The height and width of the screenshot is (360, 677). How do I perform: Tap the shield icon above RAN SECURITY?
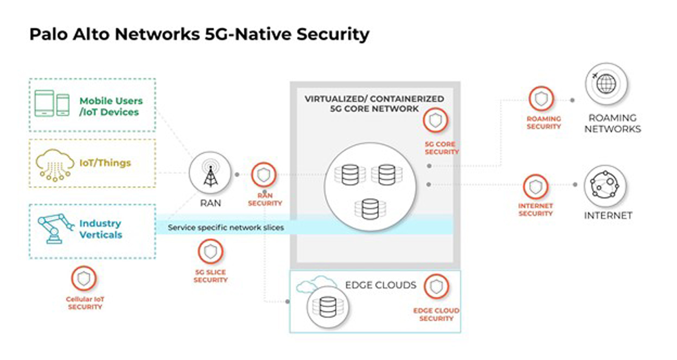[264, 175]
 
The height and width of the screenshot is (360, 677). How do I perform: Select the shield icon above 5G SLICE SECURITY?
[210, 251]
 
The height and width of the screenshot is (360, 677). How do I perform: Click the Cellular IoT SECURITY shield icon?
[84, 278]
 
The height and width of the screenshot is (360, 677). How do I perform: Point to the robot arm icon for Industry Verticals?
[55, 228]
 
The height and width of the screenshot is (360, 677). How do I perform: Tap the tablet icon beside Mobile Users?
[44, 103]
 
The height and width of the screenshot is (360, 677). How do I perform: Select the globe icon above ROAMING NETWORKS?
[606, 84]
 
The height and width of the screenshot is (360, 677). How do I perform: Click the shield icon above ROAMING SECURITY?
[541, 99]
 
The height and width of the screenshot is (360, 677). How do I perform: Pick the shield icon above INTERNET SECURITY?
[535, 187]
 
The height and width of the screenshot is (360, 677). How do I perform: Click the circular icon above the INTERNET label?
[605, 186]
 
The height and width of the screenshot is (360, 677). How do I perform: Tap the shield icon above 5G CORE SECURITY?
[435, 120]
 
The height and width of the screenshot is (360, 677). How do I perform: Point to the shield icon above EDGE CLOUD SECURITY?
[436, 286]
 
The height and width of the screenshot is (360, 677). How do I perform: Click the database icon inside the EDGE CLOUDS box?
[327, 307]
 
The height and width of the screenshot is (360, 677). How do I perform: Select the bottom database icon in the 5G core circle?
[370, 209]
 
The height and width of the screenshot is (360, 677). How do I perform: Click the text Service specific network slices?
[226, 228]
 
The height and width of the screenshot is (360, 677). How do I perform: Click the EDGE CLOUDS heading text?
[381, 285]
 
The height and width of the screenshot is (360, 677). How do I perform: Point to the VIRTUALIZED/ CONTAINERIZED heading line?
[374, 99]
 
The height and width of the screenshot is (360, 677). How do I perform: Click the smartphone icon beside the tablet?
[63, 105]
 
